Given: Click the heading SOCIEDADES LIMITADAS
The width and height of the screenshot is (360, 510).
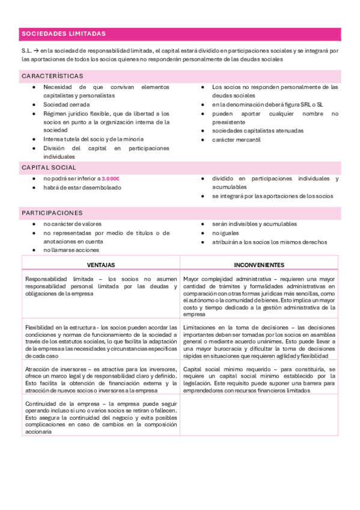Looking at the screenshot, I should (63, 34).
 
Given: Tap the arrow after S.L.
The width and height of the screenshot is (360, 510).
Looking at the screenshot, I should (37, 51).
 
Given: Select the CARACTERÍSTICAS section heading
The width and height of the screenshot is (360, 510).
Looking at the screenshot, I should (52, 76).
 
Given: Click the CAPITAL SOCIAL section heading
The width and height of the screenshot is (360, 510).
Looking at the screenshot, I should (49, 167).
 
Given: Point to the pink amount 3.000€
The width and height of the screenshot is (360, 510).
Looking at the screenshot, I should (111, 179).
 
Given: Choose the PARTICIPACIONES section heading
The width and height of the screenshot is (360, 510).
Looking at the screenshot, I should (52, 213).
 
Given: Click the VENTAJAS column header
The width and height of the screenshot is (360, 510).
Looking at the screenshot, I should (101, 265).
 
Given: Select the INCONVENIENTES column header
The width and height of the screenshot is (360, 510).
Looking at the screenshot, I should (259, 265).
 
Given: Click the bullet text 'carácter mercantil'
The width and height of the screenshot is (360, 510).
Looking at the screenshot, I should (236, 140).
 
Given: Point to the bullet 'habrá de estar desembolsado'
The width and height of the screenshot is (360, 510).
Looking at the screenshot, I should (82, 187).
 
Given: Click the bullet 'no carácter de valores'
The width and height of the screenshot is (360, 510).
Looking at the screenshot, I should (72, 224).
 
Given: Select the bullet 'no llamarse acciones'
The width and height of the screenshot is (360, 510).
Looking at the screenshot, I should (71, 250).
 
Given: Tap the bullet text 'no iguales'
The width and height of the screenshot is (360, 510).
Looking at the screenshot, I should (225, 233).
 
